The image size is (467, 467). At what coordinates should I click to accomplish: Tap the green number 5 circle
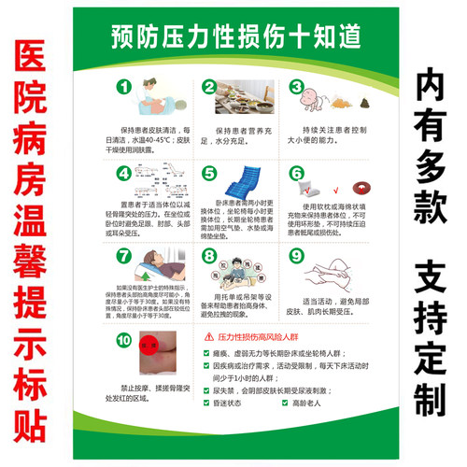[210, 174]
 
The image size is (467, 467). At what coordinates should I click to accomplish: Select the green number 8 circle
[210, 255]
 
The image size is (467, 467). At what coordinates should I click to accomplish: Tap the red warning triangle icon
[211, 337]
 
